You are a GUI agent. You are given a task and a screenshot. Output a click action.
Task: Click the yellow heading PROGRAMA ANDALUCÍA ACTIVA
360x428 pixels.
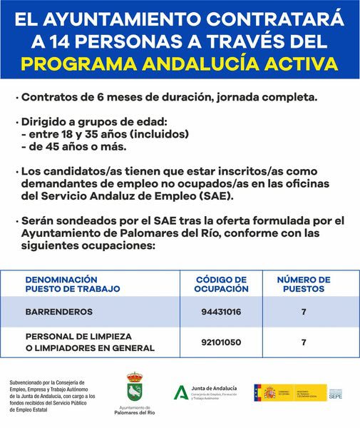[x=180, y=62]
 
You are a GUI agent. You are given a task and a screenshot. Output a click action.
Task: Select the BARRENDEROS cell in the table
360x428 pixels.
[x=59, y=312]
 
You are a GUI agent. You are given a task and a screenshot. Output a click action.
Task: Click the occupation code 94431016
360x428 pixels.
[x=221, y=312]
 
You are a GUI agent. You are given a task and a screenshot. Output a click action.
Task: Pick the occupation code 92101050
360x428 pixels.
[x=221, y=342]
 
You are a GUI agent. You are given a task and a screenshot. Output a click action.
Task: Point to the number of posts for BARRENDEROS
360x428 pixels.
[x=304, y=312]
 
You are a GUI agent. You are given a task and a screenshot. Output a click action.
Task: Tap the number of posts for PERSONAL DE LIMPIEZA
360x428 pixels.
[x=304, y=342]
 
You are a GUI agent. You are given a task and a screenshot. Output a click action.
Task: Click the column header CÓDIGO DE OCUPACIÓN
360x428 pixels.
[x=221, y=284]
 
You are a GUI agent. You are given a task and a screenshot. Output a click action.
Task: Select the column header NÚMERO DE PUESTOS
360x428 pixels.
[x=304, y=284]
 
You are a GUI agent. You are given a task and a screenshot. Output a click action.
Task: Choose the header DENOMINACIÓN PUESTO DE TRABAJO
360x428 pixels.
[x=71, y=284]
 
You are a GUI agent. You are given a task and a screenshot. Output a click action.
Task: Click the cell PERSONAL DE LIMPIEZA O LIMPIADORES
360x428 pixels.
[x=90, y=342]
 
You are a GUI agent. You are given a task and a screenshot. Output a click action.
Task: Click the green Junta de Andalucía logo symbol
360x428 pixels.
[x=182, y=392]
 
